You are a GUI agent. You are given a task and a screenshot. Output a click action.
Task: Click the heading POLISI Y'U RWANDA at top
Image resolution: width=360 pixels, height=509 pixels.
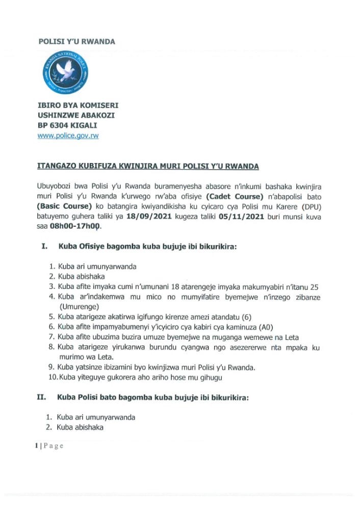[x=76, y=41]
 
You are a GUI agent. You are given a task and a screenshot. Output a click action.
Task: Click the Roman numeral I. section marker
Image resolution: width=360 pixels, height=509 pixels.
[x=45, y=247]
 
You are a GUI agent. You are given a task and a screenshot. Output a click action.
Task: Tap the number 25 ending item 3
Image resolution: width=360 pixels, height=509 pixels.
[x=316, y=286]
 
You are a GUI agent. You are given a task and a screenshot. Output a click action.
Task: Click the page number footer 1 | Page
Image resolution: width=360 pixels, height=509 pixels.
[x=49, y=446]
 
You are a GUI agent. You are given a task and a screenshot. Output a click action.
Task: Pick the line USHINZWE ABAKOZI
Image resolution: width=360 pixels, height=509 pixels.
[x=76, y=115]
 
